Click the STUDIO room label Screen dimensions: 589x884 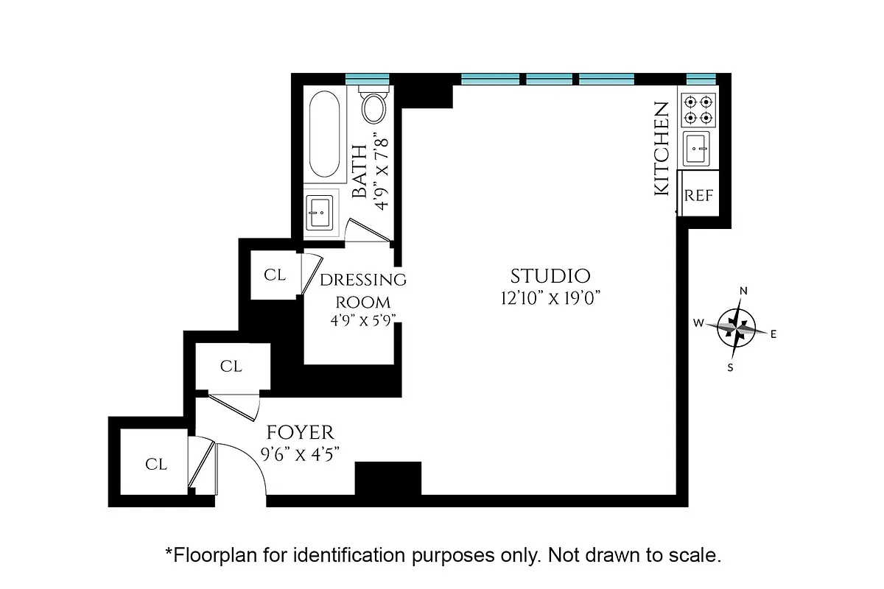coord(550,276)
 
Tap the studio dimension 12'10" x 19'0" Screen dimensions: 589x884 coord(550,298)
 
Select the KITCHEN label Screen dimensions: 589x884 coord(662,149)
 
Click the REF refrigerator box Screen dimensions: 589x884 coord(698,195)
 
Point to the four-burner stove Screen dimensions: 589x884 coord(698,109)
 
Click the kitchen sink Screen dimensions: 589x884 coord(698,149)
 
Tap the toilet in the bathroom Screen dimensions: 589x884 coord(374,107)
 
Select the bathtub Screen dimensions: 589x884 coord(323,133)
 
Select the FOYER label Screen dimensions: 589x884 coord(300,432)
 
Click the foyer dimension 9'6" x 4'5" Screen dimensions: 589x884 coord(300,455)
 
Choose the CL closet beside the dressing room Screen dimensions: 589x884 coord(275,275)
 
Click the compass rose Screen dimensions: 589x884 coord(737,326)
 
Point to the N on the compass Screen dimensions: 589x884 coord(743,291)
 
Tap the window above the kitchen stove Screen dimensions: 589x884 coord(701,79)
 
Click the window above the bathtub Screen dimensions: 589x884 coord(367,79)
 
